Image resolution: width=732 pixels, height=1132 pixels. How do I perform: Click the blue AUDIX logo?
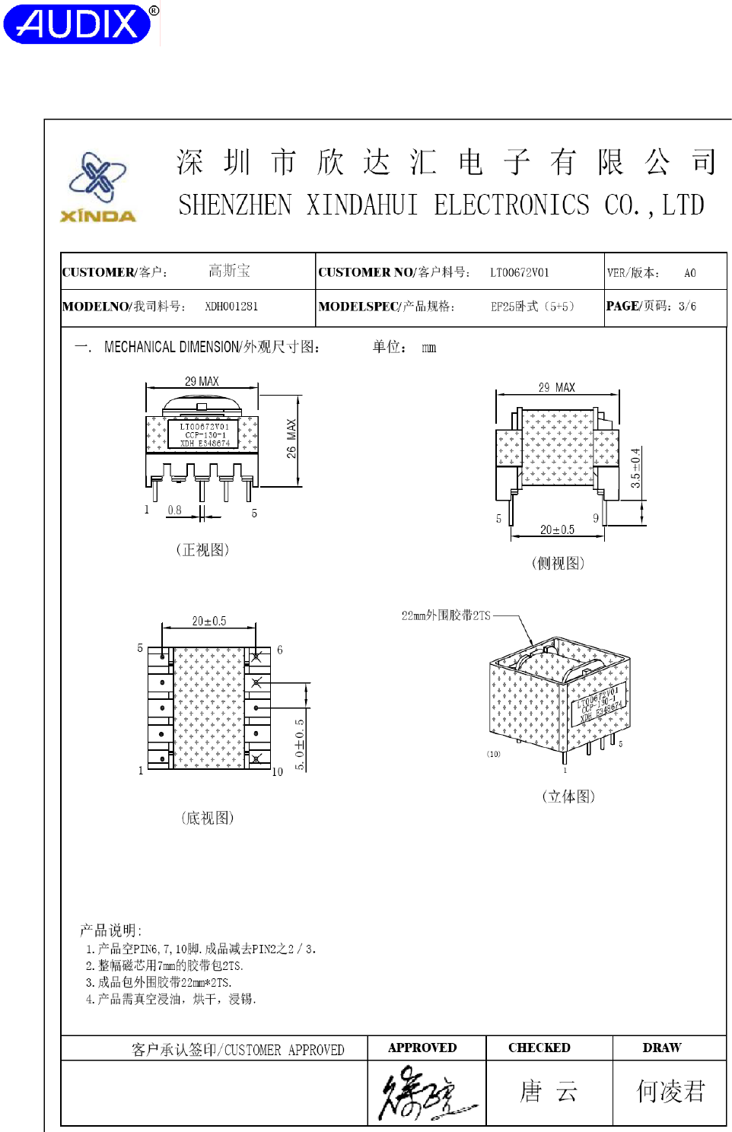click(x=79, y=24)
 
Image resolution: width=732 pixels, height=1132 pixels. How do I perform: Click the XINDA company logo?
click(x=98, y=187)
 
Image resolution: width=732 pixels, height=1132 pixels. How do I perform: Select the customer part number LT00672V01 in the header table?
click(x=519, y=272)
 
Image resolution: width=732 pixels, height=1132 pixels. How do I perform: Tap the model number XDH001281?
click(x=231, y=307)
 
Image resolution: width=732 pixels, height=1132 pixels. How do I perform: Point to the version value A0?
click(x=689, y=273)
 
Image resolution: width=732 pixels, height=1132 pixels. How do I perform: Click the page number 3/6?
click(x=687, y=306)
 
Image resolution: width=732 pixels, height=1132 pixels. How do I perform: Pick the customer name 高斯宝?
click(x=229, y=271)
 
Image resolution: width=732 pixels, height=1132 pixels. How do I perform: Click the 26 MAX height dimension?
click(x=291, y=438)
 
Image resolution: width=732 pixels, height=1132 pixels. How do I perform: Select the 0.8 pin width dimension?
click(x=174, y=510)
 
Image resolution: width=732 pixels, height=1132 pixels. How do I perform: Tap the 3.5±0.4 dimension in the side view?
click(x=636, y=468)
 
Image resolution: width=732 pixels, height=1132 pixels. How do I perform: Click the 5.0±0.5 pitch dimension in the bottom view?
click(x=300, y=744)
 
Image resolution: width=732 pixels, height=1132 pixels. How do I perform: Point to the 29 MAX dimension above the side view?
click(x=556, y=387)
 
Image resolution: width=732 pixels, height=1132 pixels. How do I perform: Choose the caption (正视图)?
click(x=202, y=549)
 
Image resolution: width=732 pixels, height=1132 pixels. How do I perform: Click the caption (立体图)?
click(x=568, y=797)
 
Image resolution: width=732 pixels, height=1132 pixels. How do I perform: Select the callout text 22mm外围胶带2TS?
click(x=446, y=615)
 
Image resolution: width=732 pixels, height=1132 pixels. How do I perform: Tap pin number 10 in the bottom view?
click(x=277, y=771)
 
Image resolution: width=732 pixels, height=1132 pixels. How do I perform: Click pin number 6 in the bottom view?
click(x=280, y=650)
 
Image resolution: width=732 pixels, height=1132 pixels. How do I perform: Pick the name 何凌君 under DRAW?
click(x=670, y=1092)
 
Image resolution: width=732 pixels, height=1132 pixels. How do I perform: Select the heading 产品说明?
click(x=110, y=930)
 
